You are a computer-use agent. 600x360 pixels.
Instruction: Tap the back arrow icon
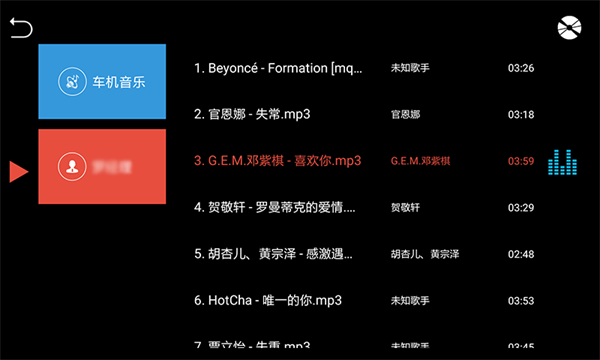point(21,29)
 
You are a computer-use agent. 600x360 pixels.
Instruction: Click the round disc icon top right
point(569,29)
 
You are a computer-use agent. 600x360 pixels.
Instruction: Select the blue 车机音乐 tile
point(102,82)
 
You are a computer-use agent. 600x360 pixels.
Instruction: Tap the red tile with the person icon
point(102,166)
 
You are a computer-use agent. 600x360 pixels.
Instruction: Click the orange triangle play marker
point(17,171)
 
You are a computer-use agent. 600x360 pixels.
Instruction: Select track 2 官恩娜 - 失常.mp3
point(252,115)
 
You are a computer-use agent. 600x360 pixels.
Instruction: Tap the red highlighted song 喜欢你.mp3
point(277,161)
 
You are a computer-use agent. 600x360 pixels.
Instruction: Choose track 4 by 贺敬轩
point(273,208)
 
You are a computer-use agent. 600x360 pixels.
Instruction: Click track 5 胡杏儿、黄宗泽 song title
point(273,254)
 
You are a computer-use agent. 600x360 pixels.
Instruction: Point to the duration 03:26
point(521,69)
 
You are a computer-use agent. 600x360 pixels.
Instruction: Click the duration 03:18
point(521,115)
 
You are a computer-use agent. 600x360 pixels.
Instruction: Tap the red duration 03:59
point(521,161)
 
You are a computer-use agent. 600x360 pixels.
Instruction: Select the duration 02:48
point(521,254)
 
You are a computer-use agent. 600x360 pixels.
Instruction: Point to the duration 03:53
point(521,300)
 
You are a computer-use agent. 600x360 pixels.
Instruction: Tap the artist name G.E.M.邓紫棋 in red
point(420,161)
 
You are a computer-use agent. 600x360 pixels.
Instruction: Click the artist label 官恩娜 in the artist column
point(406,115)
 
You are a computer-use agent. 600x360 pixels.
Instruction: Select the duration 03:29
point(521,208)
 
